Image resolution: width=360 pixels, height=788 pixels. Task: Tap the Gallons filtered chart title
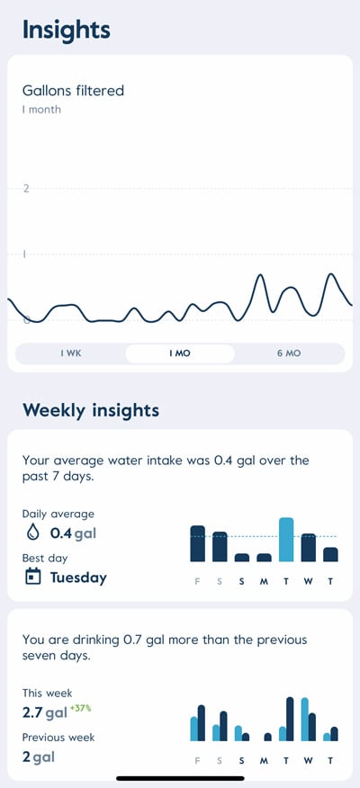click(73, 90)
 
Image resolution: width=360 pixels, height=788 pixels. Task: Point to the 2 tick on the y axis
click(26, 188)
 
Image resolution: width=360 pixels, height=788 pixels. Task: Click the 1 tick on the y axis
click(24, 255)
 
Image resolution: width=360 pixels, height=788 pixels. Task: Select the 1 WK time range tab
click(71, 354)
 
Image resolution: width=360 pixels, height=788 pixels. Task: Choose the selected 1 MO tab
click(180, 354)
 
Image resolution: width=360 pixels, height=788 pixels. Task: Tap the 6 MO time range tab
click(288, 354)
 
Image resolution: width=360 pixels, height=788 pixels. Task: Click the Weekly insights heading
click(90, 410)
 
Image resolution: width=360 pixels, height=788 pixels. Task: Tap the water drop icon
click(33, 533)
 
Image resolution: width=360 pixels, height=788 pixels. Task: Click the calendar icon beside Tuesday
click(33, 577)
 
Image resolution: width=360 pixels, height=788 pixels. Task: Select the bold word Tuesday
click(78, 578)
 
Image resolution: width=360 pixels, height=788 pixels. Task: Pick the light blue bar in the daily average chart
click(286, 540)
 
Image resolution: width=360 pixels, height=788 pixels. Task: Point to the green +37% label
click(82, 708)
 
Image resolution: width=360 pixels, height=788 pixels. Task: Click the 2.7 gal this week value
click(45, 713)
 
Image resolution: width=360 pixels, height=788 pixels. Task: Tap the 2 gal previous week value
click(38, 757)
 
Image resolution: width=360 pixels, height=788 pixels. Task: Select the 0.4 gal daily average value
click(73, 533)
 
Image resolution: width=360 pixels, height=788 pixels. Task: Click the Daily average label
click(58, 514)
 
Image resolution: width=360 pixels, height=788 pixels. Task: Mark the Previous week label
click(58, 738)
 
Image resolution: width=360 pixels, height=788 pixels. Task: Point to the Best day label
click(45, 558)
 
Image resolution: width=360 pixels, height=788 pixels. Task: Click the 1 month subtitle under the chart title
click(41, 110)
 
